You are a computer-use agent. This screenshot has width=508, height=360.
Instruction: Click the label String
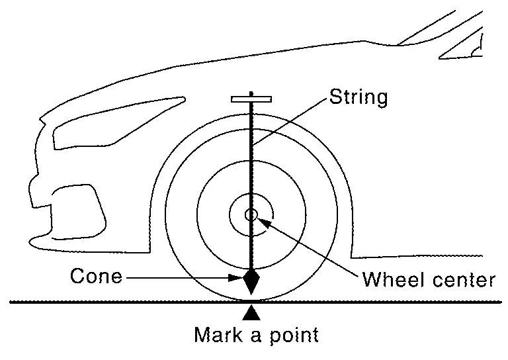tap(358, 98)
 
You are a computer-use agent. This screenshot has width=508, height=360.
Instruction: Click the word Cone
tap(97, 275)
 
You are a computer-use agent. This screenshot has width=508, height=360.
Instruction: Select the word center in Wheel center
tap(463, 279)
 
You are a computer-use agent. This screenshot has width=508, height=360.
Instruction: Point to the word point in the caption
tap(292, 336)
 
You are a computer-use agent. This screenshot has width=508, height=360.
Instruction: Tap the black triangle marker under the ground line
tap(251, 309)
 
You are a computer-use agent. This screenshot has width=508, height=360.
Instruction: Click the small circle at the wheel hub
tap(251, 214)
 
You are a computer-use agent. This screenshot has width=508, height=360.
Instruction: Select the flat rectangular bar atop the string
tap(251, 99)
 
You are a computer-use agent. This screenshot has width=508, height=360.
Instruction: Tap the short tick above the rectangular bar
tap(251, 93)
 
